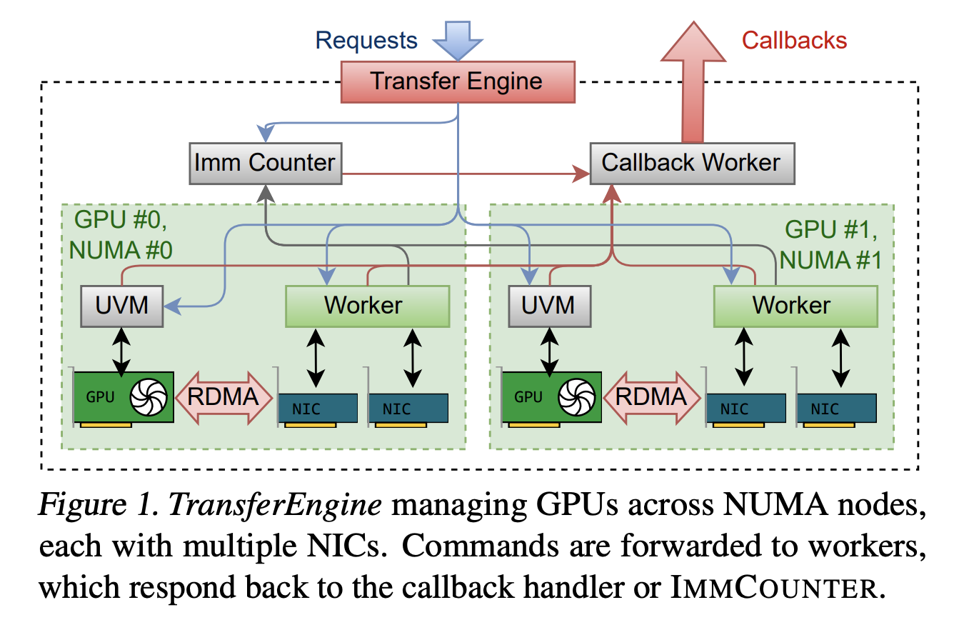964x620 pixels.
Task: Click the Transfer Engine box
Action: tap(457, 81)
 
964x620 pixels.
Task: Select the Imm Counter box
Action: tap(265, 163)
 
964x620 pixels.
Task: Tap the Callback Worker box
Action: tap(691, 163)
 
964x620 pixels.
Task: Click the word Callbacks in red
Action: tap(794, 40)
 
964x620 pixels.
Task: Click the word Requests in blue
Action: tap(366, 40)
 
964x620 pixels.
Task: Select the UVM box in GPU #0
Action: tap(122, 306)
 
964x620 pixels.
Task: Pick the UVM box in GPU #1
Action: tap(549, 306)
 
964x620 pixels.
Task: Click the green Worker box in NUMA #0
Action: tap(367, 306)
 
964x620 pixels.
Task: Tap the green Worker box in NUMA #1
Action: tap(795, 306)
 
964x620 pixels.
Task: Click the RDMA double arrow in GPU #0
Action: tap(224, 396)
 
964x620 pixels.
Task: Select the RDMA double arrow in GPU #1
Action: tap(652, 396)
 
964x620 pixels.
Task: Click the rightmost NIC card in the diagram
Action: tap(835, 408)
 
